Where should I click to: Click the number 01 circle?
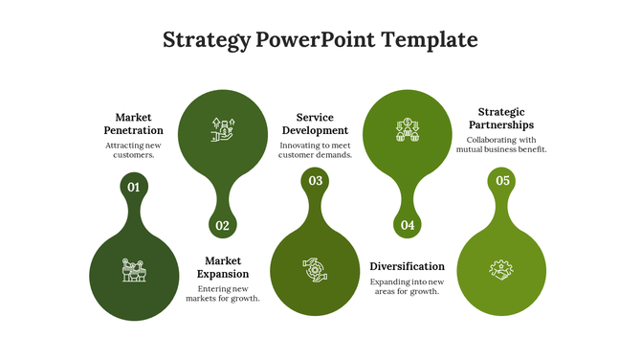click(x=134, y=188)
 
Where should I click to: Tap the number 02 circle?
click(x=222, y=226)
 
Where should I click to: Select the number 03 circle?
click(x=315, y=180)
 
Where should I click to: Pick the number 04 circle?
click(x=408, y=226)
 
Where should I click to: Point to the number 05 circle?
click(x=502, y=180)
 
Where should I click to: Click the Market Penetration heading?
click(x=133, y=124)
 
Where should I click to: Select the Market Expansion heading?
click(x=223, y=267)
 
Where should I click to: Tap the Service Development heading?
click(x=315, y=124)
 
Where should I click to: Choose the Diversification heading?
click(x=407, y=266)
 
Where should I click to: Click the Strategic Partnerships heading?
click(x=501, y=118)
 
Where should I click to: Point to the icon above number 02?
click(x=223, y=130)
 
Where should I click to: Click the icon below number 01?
click(x=134, y=270)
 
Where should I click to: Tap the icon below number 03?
click(x=315, y=270)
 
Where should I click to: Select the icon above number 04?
click(x=408, y=130)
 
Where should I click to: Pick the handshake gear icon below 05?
click(x=501, y=270)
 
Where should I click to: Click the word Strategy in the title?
click(x=206, y=40)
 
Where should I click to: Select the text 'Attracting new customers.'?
click(x=133, y=149)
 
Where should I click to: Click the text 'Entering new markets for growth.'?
click(x=223, y=293)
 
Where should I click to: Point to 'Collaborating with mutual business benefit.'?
click(x=501, y=145)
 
